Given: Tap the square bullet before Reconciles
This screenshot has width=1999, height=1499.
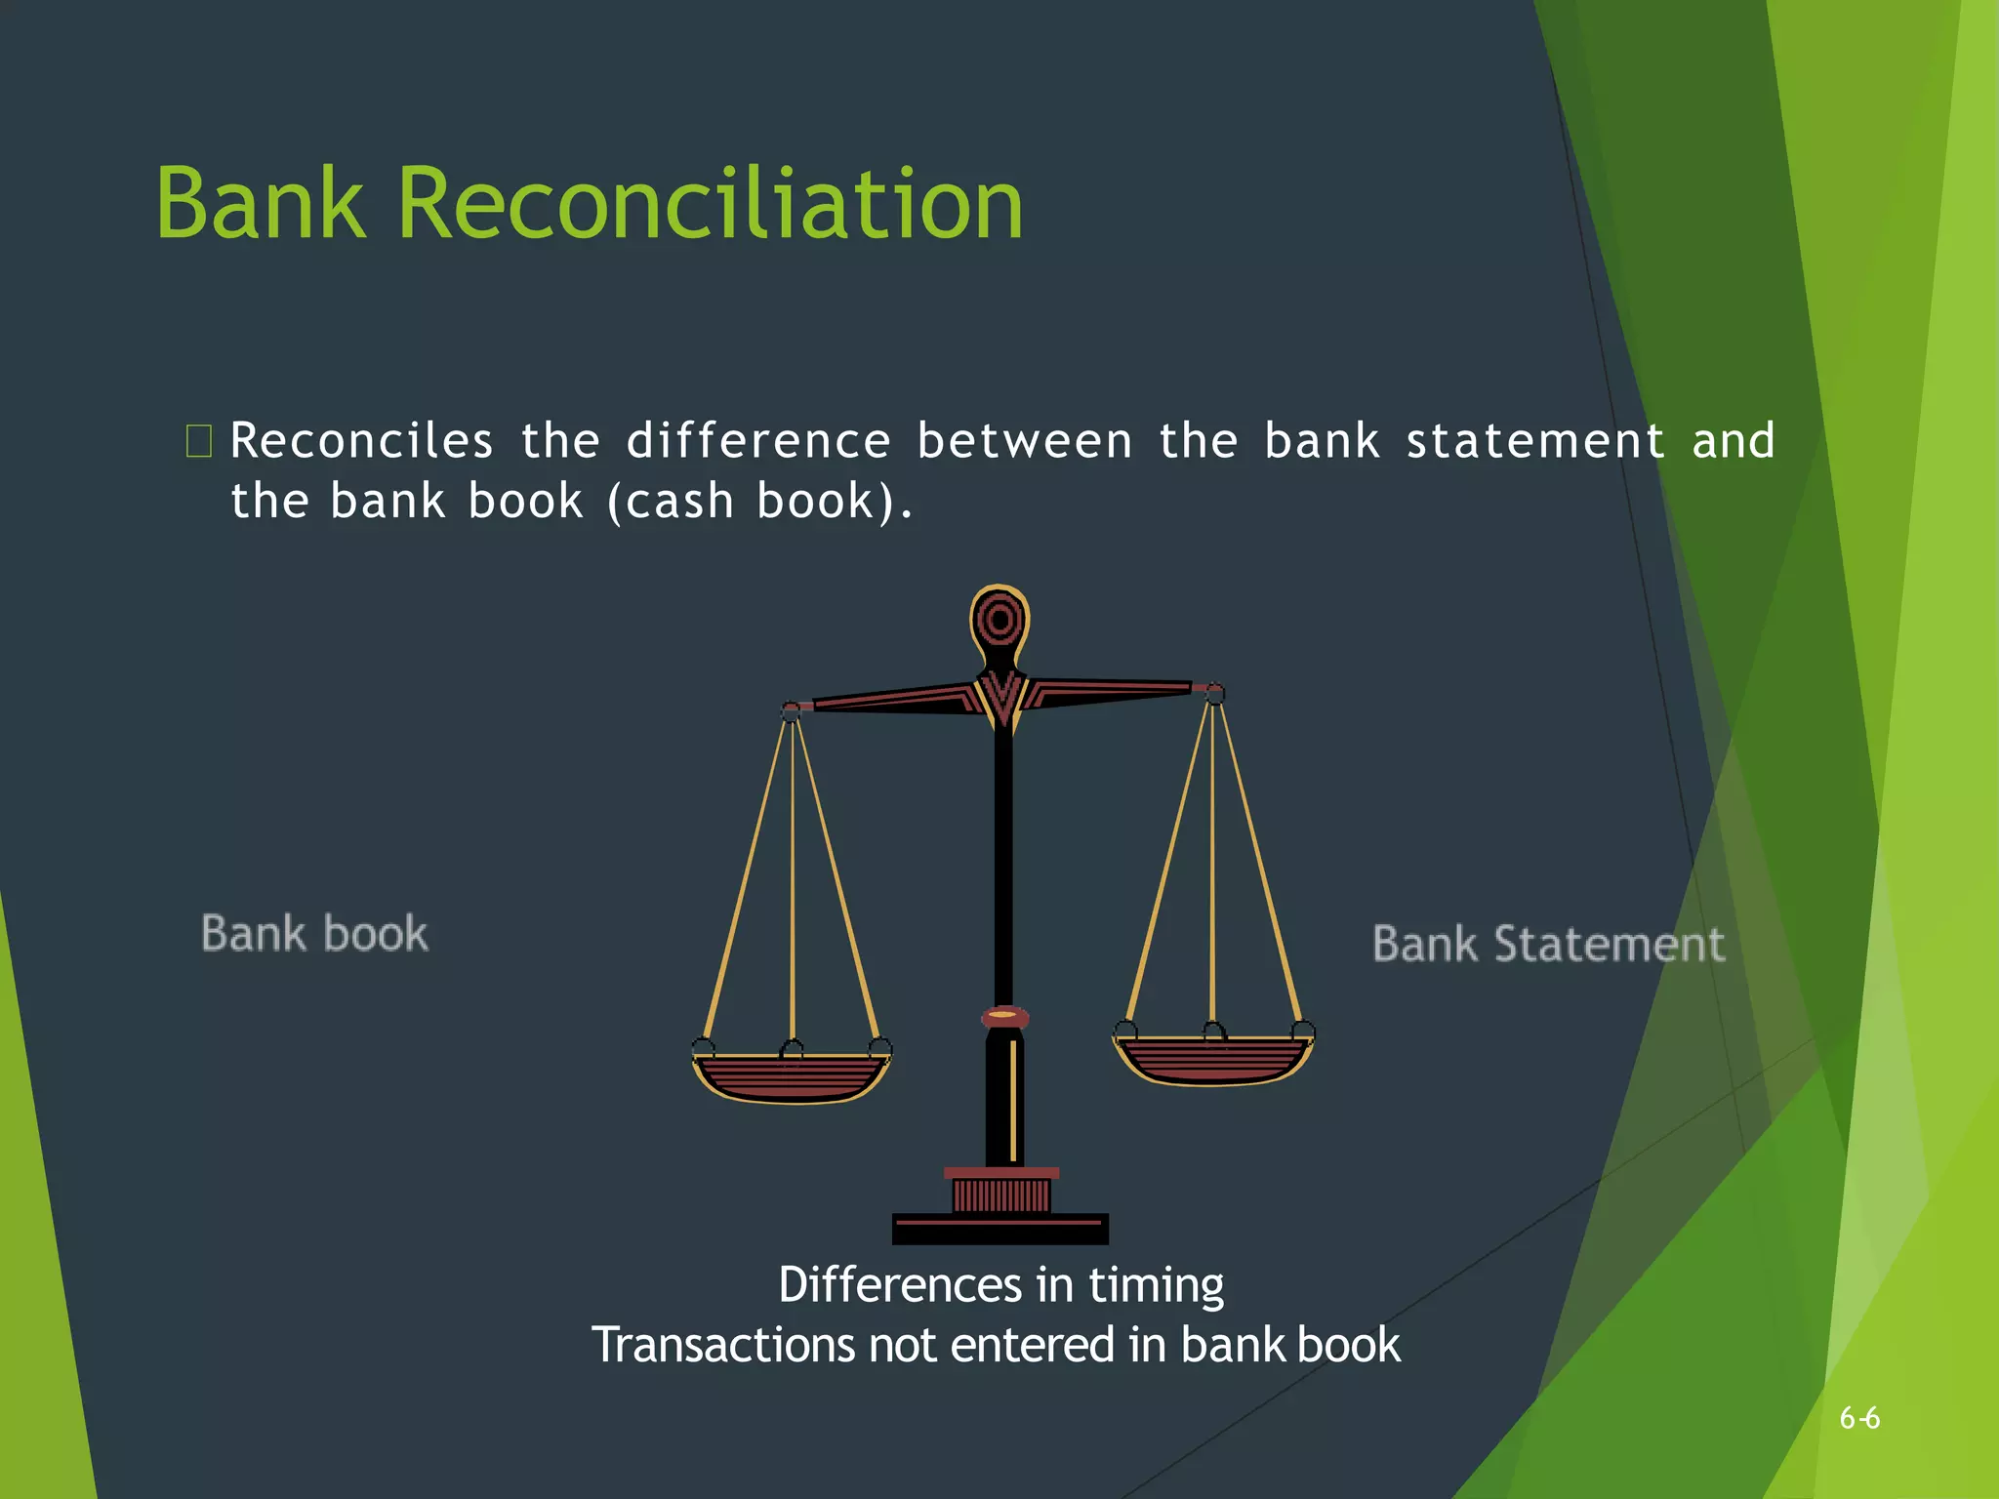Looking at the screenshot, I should click(198, 441).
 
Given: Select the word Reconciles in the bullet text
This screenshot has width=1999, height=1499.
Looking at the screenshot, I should click(361, 441).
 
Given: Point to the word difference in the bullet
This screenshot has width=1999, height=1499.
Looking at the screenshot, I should click(758, 441).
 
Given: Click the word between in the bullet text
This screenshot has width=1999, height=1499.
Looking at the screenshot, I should click(1025, 441).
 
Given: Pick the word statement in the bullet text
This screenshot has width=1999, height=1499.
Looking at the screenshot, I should click(1535, 441).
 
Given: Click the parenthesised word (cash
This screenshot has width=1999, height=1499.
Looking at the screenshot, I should click(671, 502).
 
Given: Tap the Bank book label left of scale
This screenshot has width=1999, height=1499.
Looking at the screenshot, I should click(314, 934).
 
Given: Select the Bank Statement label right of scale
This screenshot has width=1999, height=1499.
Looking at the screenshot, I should click(1549, 945).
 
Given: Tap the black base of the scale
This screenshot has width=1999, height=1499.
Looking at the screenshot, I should click(1000, 1229).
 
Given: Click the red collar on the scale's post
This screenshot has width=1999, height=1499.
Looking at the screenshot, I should click(1004, 1017).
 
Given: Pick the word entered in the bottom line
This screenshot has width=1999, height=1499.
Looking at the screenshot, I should click(1033, 1345).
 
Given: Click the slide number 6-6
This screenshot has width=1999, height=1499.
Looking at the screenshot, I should click(1859, 1418).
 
